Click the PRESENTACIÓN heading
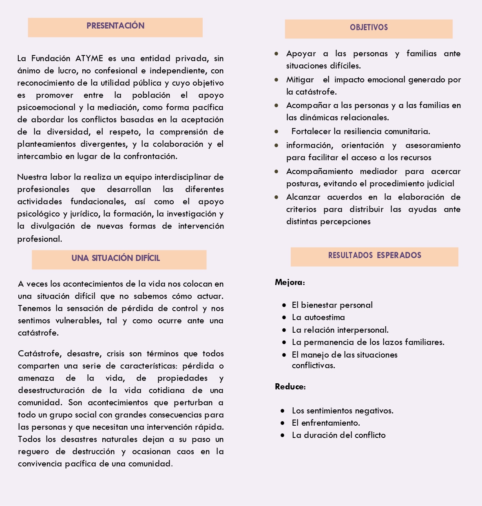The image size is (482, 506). [x=115, y=26]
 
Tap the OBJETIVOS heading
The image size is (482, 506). [x=369, y=28]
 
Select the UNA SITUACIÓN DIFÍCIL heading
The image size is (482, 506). [x=115, y=258]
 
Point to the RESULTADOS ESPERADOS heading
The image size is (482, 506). [x=374, y=256]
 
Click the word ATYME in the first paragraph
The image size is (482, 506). [x=89, y=58]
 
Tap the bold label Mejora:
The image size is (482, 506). [x=290, y=282]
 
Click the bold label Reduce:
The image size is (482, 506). [x=290, y=387]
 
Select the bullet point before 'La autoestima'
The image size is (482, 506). [x=284, y=318]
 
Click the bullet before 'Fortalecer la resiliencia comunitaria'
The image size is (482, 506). [x=276, y=132]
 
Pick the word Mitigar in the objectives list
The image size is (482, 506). [x=300, y=80]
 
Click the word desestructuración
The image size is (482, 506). [x=51, y=390]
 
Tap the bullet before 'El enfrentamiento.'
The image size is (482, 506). [x=283, y=423]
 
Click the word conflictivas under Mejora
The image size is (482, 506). [x=313, y=365]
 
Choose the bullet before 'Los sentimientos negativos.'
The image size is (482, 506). [x=283, y=411]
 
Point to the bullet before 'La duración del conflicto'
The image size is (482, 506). [x=283, y=435]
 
